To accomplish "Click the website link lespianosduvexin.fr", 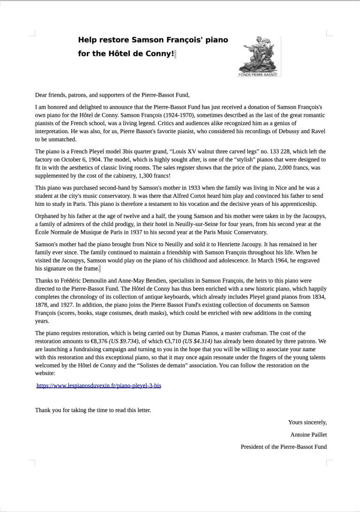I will (99, 385).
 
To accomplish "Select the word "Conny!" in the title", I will (160, 53).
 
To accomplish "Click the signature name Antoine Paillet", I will (308, 435).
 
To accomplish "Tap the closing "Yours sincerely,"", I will (307, 422).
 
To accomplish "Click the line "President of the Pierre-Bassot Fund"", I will (284, 447).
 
